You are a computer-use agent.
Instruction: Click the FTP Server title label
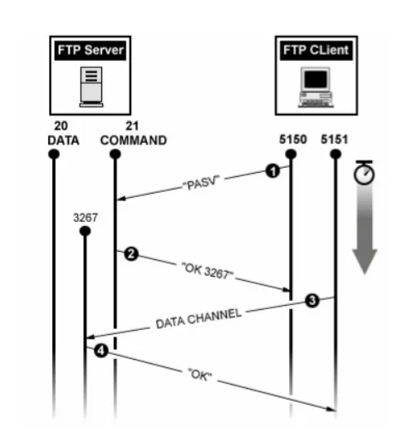(91, 51)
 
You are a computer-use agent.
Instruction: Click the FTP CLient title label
(316, 51)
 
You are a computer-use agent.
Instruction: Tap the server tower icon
(91, 86)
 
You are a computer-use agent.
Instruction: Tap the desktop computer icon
(316, 87)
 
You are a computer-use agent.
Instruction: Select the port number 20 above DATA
(61, 126)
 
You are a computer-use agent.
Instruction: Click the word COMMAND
(134, 140)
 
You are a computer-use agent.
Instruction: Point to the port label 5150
(293, 140)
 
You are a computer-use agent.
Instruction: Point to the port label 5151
(335, 140)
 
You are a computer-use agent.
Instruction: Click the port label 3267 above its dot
(86, 218)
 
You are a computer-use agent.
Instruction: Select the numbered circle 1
(272, 171)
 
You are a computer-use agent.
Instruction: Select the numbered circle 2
(131, 254)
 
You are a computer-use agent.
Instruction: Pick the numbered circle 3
(312, 301)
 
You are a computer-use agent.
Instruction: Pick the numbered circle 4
(101, 351)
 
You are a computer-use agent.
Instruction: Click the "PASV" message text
(202, 183)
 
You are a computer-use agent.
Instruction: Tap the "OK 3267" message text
(208, 271)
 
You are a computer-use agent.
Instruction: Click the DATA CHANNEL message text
(199, 318)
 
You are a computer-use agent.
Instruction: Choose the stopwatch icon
(365, 172)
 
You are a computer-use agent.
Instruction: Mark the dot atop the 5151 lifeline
(335, 155)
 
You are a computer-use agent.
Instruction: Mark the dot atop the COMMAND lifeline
(115, 155)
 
